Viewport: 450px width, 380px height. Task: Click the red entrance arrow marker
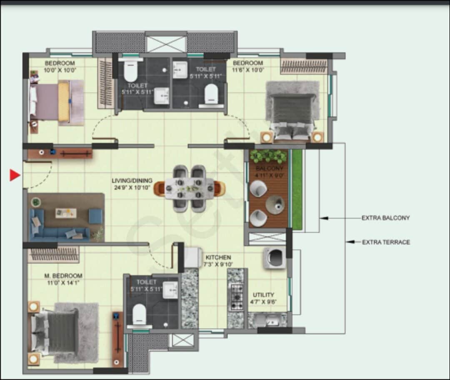coord(15,176)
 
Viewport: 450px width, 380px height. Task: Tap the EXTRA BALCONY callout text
coord(385,218)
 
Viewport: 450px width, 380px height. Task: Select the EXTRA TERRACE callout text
coord(386,242)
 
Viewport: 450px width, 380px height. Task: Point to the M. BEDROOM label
coord(63,276)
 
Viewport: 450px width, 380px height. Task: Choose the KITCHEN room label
coord(218,257)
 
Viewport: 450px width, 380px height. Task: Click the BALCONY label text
coord(269,168)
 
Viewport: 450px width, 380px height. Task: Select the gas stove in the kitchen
coord(237,297)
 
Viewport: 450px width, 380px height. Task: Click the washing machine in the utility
coord(275,258)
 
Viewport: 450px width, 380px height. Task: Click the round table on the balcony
coord(275,205)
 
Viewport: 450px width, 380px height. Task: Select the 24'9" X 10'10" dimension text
coord(130,188)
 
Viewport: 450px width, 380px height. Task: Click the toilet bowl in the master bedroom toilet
coord(139,315)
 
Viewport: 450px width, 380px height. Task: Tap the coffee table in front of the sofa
coord(66,213)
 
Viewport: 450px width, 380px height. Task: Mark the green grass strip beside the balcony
coord(297,189)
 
